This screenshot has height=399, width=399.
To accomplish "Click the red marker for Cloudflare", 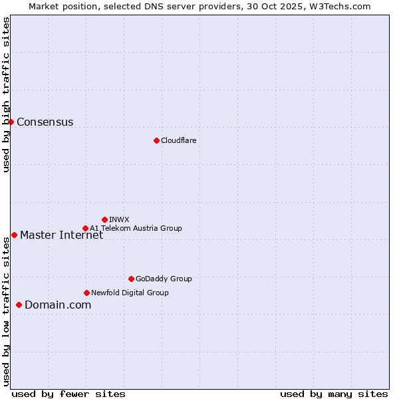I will pos(156,140).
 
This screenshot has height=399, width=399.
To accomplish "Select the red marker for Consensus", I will pos(11,122).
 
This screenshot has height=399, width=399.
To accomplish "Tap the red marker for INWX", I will pos(104,219).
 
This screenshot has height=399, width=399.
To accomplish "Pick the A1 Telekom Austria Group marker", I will pos(85,228).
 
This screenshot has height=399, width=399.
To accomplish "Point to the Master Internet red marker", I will pos(14,235).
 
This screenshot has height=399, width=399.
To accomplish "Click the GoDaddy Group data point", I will pos(131,279).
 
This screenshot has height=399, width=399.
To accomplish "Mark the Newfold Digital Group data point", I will pos(86,293).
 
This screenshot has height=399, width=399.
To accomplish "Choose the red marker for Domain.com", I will pos(19,305).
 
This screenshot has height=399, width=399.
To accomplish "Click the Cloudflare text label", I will pos(178,140).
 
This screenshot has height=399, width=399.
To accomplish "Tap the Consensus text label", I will pos(45,122).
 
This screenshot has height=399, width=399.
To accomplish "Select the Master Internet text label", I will pos(61,235).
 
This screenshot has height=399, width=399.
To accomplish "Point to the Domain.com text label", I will pos(58,305).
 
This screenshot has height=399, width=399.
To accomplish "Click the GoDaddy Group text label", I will pos(164,279).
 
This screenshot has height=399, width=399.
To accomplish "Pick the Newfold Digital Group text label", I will pos(130,293).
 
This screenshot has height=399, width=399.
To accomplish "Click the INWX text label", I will pos(119,219).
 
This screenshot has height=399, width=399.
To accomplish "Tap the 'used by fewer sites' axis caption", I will pos(68,394).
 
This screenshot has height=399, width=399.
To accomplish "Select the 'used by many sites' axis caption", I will pos(334,394).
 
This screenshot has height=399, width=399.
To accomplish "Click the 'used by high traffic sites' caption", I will pos(6,94).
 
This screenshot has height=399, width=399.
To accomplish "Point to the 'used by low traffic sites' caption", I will pos(6,311).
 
